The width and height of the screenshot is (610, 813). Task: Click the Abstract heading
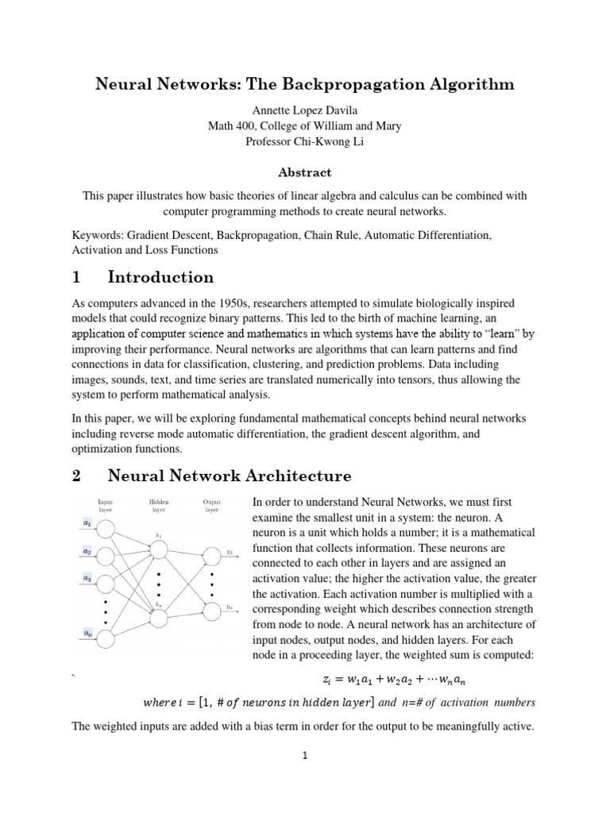pyautogui.click(x=304, y=172)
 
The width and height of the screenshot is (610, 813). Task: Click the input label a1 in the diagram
pyautogui.click(x=87, y=522)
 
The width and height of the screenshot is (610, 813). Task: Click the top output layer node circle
pyautogui.click(x=212, y=556)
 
